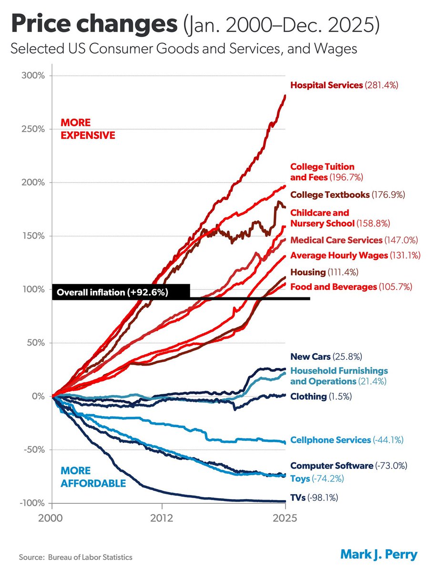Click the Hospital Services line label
click(x=344, y=85)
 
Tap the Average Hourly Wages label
click(x=355, y=255)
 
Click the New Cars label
click(x=323, y=356)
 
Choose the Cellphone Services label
click(x=347, y=440)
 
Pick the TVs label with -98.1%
click(x=314, y=498)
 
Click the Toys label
click(x=317, y=479)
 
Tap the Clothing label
click(x=320, y=397)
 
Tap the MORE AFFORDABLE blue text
click(x=93, y=477)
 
